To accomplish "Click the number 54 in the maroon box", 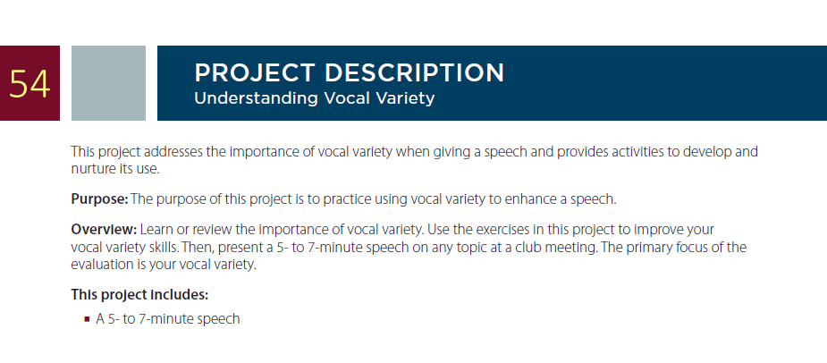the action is point(30,84).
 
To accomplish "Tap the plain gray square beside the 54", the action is point(109,83).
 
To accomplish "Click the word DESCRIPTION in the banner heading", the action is point(415,72).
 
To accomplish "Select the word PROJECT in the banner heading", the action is point(255,72).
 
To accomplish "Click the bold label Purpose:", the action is point(99,199).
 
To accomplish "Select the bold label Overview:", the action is point(104,230).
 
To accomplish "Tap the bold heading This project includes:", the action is point(139,294).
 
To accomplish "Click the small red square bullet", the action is point(87,319).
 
